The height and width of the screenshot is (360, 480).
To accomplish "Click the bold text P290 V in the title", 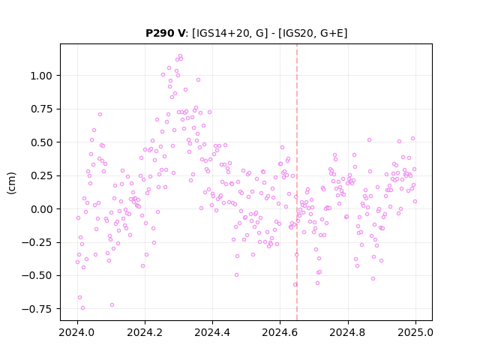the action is click(165, 33).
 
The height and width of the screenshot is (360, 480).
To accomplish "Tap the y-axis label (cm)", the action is click(11, 182).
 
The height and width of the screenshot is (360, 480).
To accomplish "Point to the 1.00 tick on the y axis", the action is click(41, 76).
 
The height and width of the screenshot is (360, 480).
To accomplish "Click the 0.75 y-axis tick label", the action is click(41, 109).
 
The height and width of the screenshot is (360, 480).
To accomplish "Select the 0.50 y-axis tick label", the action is click(41, 142).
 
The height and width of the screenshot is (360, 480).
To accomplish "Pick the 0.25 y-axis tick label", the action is click(41, 175).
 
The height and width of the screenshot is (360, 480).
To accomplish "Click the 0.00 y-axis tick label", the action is click(41, 209).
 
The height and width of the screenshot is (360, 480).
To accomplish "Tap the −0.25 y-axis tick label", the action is click(37, 242).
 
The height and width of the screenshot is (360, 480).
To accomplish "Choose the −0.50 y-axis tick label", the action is click(37, 276).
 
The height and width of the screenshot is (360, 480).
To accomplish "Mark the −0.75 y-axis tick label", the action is click(37, 309).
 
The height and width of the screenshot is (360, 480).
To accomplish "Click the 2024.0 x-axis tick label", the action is click(77, 332).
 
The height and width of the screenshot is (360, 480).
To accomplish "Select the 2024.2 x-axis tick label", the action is click(145, 332).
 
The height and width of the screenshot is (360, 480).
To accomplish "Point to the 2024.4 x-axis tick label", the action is click(212, 332).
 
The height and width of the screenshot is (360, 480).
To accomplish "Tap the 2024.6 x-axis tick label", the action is click(280, 332).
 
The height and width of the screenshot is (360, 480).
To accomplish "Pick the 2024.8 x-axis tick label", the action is click(348, 332).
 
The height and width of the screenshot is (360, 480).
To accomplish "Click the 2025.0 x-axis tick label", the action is click(415, 332).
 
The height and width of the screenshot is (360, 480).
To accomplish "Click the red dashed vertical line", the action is click(297, 182).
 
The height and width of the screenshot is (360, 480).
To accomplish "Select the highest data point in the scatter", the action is click(180, 56).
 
